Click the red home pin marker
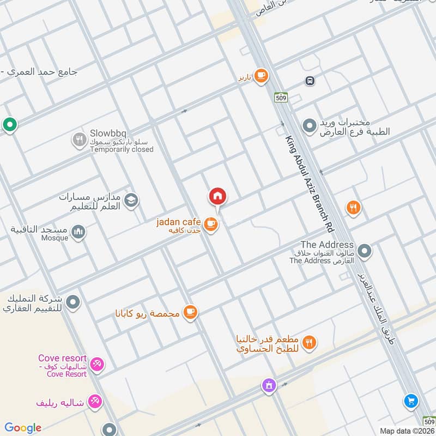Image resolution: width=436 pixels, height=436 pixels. tap(217, 196)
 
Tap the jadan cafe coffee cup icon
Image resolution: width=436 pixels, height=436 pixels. tap(211, 223)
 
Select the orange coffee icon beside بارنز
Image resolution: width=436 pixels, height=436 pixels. tap(262, 76)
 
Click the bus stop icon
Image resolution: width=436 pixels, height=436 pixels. tap(310, 81)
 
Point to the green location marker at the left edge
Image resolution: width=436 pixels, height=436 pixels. tap(9, 125)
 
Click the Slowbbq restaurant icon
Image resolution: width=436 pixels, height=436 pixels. tap(80, 140)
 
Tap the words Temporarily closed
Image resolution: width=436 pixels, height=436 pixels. tap(122, 149)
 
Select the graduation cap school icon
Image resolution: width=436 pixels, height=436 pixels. tap(131, 201)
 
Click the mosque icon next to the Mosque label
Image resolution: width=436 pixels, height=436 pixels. tap(78, 233)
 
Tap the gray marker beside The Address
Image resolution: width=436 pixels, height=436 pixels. tap(365, 251)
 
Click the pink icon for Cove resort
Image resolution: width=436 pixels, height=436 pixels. tap(97, 364)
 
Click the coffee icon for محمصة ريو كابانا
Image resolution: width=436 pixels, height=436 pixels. tap(190, 312)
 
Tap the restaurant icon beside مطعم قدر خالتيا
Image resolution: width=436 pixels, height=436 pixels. tap(309, 342)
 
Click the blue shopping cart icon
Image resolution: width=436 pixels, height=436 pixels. tap(411, 402)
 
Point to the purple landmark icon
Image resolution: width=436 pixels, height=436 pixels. tap(268, 385)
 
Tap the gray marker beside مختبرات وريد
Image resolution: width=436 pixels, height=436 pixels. tap(310, 126)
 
